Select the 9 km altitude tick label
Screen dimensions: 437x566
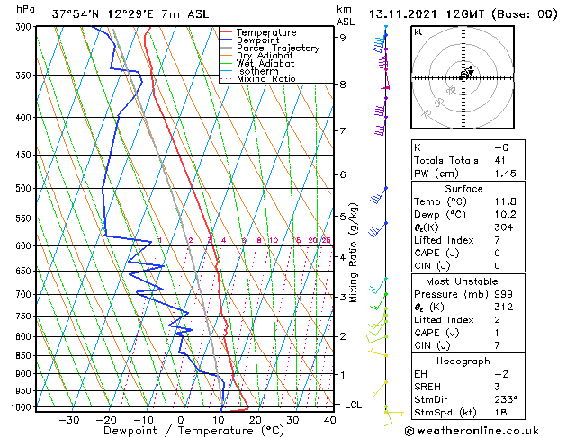coord(343,38)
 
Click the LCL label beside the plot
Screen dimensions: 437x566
coord(354,405)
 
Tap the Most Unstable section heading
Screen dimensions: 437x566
coord(463,281)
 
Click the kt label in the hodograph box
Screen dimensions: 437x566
coord(418,32)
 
